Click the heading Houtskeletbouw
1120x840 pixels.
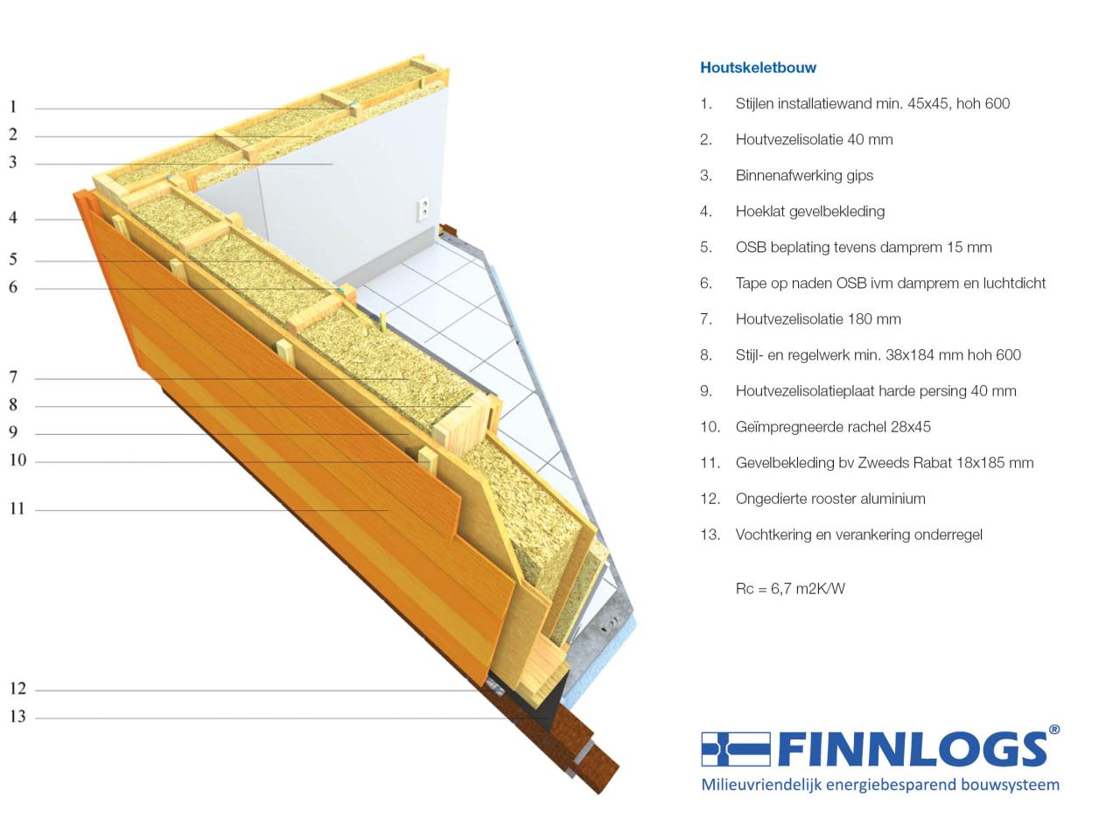tap(758, 67)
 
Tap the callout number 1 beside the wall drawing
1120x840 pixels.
tap(13, 107)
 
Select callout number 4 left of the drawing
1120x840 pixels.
tap(13, 218)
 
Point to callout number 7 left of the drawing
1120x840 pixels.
tap(13, 377)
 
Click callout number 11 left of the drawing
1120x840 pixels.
tap(17, 508)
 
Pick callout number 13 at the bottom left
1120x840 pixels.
tap(17, 717)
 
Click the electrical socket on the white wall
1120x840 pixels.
tap(423, 209)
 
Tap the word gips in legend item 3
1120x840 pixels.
tap(860, 176)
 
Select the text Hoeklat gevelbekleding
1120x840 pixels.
tap(809, 211)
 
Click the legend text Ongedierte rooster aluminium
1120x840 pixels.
tap(830, 499)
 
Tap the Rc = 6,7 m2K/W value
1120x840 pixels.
tap(790, 589)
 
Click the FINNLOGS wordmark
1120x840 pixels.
tap(913, 749)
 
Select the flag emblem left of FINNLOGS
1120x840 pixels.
tap(735, 749)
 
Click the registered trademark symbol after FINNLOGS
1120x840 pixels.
tap(1054, 730)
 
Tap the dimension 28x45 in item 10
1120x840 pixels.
tap(910, 427)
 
